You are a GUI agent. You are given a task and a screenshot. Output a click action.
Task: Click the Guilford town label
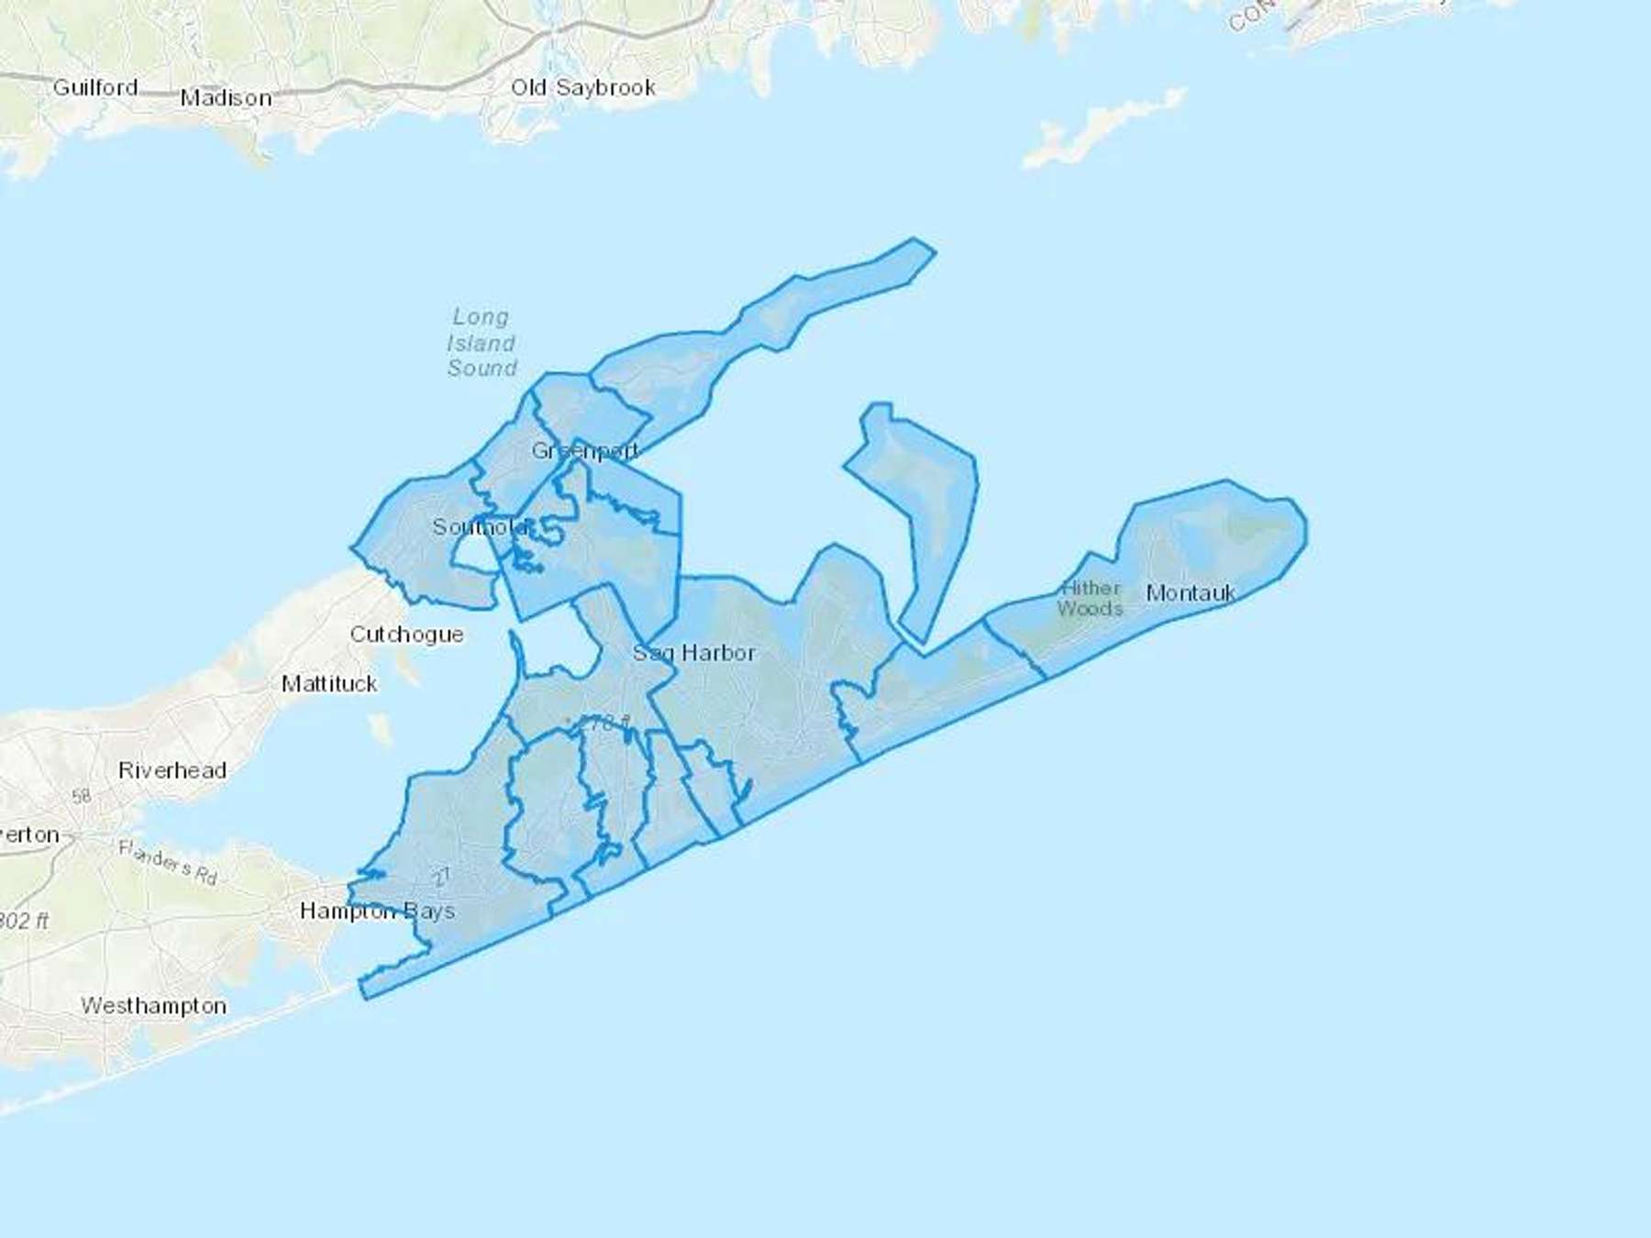95,88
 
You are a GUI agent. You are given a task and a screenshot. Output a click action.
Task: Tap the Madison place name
226,98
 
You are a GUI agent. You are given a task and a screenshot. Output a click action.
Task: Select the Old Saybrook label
583,88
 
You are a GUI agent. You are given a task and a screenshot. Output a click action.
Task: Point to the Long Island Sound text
482,343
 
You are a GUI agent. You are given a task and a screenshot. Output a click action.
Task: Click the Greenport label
585,450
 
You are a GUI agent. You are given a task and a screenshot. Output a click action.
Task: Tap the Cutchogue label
406,635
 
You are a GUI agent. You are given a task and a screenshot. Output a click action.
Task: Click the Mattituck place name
329,684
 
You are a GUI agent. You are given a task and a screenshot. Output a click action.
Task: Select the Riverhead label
172,770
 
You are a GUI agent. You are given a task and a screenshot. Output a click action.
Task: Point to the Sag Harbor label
694,653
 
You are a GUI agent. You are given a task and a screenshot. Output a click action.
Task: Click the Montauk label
1191,593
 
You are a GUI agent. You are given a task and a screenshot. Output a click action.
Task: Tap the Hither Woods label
1090,598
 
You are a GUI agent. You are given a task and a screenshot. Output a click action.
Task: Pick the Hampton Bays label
377,912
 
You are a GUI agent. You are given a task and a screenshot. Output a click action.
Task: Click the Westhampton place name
154,1006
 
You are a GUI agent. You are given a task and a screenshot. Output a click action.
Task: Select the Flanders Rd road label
168,862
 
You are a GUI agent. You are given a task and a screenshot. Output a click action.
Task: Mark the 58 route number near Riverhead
82,796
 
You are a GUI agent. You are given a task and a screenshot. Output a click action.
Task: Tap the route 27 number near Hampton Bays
442,877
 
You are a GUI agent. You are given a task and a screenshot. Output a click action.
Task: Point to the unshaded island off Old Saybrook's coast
1101,128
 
